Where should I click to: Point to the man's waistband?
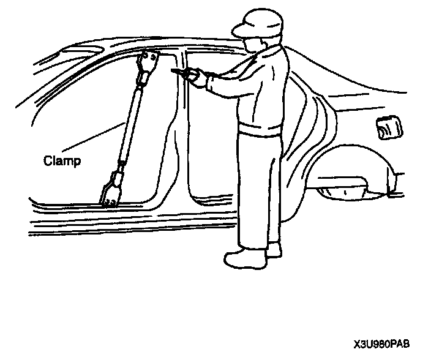pos(260,130)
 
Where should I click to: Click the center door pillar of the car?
pos(181,122)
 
